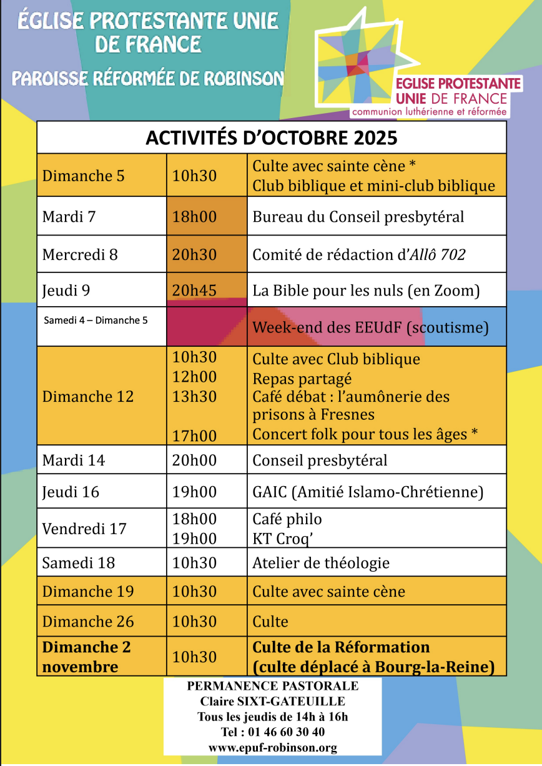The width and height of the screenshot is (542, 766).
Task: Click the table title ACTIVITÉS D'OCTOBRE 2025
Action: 271,137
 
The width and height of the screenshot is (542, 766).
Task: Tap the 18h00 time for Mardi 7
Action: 194,217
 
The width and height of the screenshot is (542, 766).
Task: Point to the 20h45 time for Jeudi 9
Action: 194,291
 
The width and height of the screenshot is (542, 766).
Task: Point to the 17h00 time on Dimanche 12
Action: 194,436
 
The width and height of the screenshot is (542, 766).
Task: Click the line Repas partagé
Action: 302,379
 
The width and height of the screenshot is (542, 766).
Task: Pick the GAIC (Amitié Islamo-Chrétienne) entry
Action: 368,492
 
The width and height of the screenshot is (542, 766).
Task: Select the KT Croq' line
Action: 283,539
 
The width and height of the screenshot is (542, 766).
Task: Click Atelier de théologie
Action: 321,563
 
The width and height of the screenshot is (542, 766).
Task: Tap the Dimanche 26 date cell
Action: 88,622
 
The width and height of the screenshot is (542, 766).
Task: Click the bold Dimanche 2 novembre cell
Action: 86,657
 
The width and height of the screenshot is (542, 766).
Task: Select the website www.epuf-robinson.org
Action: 273,747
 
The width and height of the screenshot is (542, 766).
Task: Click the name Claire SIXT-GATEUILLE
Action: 273,701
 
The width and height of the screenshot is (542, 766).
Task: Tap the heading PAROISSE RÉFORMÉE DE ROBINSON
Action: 147,79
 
